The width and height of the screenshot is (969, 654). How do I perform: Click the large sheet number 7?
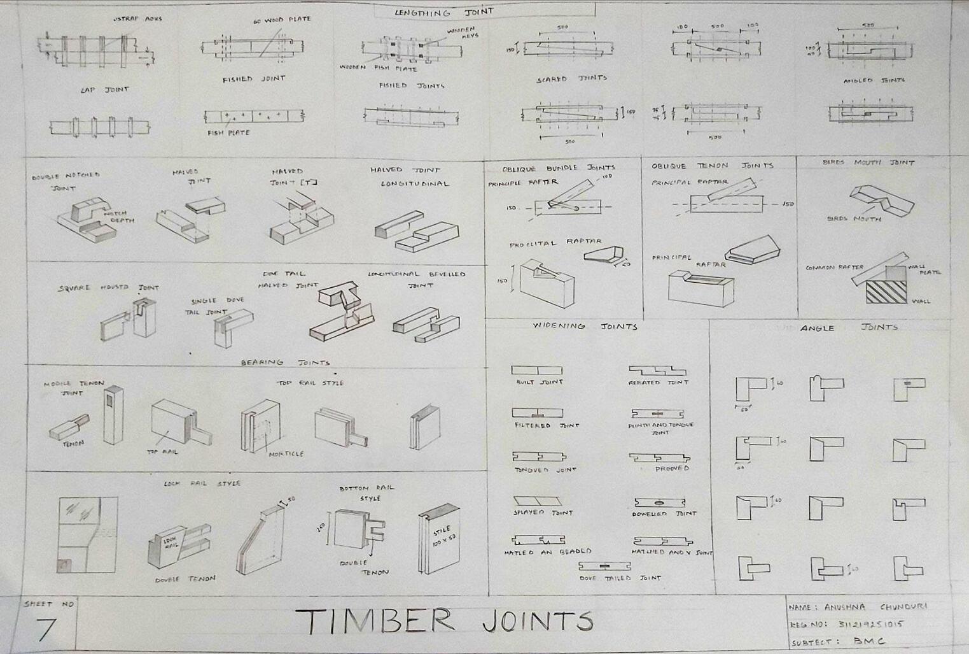[x=46, y=629]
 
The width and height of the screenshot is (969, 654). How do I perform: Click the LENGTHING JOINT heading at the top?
[x=443, y=12]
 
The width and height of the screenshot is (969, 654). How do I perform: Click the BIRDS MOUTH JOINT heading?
[x=868, y=162]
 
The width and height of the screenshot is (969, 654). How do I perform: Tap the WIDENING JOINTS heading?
[x=585, y=326]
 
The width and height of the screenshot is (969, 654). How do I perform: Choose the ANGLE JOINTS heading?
[x=849, y=327]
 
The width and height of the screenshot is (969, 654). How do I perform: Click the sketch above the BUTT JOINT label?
[x=537, y=370]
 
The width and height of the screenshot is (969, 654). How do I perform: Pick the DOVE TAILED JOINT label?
[x=620, y=578]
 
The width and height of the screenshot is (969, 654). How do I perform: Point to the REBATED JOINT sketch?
[x=657, y=370]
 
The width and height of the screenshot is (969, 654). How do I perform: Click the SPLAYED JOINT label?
[x=543, y=513]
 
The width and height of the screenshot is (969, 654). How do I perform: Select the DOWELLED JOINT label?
[x=664, y=513]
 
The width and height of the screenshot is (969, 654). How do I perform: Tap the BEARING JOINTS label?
[x=285, y=362]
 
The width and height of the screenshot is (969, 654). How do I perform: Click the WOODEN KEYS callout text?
[x=463, y=32]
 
